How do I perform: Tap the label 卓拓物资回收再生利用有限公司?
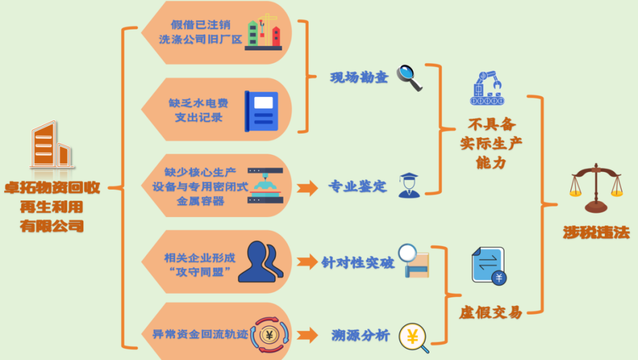click(x=51, y=207)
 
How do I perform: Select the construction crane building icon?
click(x=264, y=33)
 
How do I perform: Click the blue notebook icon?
click(x=261, y=111)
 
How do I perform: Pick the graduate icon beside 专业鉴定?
click(x=409, y=185)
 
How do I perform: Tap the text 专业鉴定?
click(x=357, y=187)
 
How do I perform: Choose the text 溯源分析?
click(x=360, y=336)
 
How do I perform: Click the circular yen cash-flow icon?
click(x=270, y=336)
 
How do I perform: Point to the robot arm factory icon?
click(x=487, y=89)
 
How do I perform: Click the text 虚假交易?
click(x=490, y=312)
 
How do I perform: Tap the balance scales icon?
click(x=595, y=187)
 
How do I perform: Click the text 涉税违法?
click(x=595, y=232)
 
